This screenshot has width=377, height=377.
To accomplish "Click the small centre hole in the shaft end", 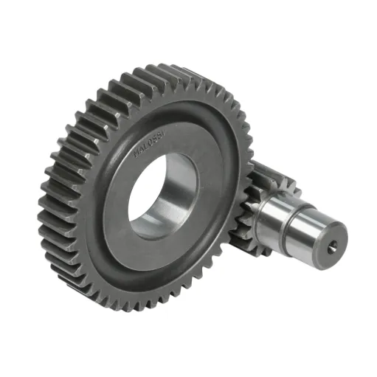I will [x=334, y=246].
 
